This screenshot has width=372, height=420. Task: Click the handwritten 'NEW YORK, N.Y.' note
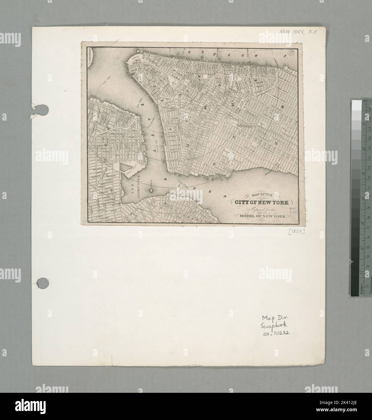pyautogui.click(x=298, y=31)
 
